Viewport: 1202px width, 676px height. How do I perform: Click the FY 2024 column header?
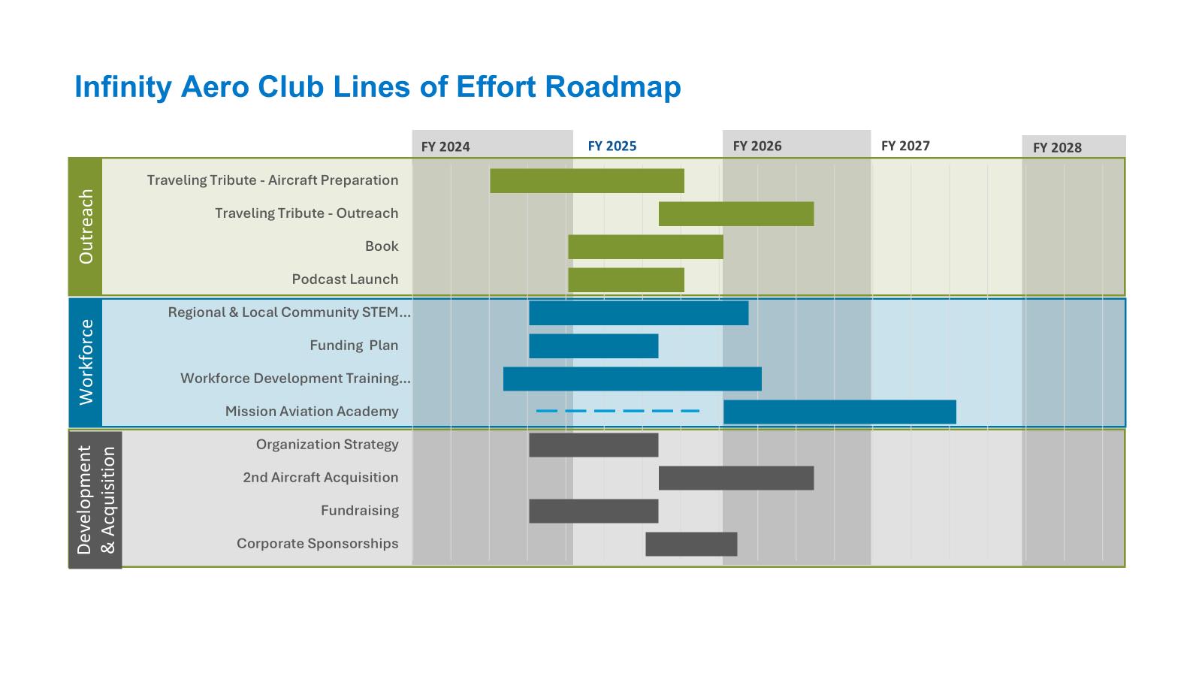point(445,146)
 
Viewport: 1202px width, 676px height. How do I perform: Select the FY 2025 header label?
point(612,146)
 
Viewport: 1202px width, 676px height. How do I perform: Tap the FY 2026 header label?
point(757,146)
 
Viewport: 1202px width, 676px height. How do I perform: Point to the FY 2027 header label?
point(905,146)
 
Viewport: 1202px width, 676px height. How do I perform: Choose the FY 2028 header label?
point(1057,147)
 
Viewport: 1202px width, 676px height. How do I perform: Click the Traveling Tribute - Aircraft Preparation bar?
point(587,181)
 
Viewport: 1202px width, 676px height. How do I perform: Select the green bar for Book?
point(645,247)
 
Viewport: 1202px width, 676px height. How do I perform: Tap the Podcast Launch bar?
point(626,280)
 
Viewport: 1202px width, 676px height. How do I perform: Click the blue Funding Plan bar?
point(593,346)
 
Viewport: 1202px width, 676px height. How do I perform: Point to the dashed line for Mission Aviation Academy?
point(618,412)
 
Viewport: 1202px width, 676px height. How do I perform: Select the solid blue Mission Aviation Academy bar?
point(839,412)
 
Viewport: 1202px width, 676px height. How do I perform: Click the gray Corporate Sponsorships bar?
point(691,545)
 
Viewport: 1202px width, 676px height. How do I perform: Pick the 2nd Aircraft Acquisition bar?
point(736,478)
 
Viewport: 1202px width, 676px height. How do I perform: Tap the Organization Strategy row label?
point(327,445)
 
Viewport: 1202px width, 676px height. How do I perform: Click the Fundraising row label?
point(359,511)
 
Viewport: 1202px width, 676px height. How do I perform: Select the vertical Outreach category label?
point(86,226)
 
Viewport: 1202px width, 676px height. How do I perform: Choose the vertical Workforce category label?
point(86,362)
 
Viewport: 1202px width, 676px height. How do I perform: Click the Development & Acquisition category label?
point(95,500)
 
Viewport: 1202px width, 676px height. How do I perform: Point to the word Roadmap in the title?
point(613,87)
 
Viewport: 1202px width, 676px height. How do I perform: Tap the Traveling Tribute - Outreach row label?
point(307,213)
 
